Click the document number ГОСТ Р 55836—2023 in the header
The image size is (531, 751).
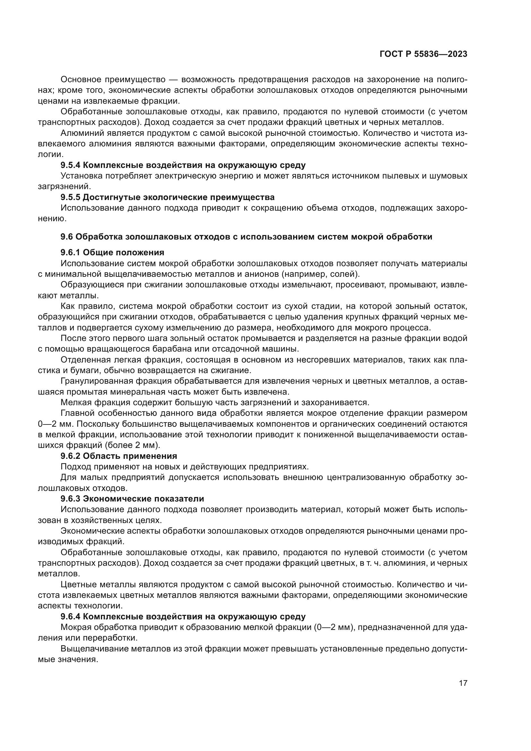(423, 54)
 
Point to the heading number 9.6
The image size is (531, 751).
(66, 237)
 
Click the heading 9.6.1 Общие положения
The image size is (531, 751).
(112, 252)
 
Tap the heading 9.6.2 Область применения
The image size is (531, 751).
(118, 456)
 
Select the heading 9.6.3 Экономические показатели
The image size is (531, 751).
(132, 499)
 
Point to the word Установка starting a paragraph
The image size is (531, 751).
(79, 176)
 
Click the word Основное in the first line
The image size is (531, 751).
(81, 80)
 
